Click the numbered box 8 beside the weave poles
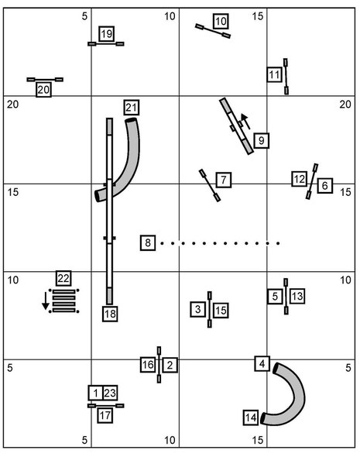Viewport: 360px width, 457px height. [148, 242]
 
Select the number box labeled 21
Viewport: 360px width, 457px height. [131, 107]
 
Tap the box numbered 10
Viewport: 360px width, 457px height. [221, 21]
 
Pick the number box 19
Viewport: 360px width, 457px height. [106, 34]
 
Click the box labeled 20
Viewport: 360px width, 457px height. [43, 89]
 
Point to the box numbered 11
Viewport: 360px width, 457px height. [274, 74]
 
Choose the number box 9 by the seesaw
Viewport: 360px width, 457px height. [261, 140]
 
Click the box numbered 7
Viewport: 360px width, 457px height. [224, 180]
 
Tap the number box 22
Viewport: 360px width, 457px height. [63, 278]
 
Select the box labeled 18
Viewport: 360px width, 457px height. [110, 314]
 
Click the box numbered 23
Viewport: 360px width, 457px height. [110, 393]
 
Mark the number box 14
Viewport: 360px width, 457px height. [251, 417]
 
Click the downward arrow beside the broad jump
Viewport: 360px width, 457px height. [46, 301]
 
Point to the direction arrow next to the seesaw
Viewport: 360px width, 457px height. [245, 122]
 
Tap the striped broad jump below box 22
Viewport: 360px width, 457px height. [64, 301]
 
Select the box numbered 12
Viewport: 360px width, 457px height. [299, 179]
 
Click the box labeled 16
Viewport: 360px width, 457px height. [148, 364]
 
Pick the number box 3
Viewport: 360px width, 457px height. [197, 309]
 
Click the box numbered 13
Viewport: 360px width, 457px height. [297, 296]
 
